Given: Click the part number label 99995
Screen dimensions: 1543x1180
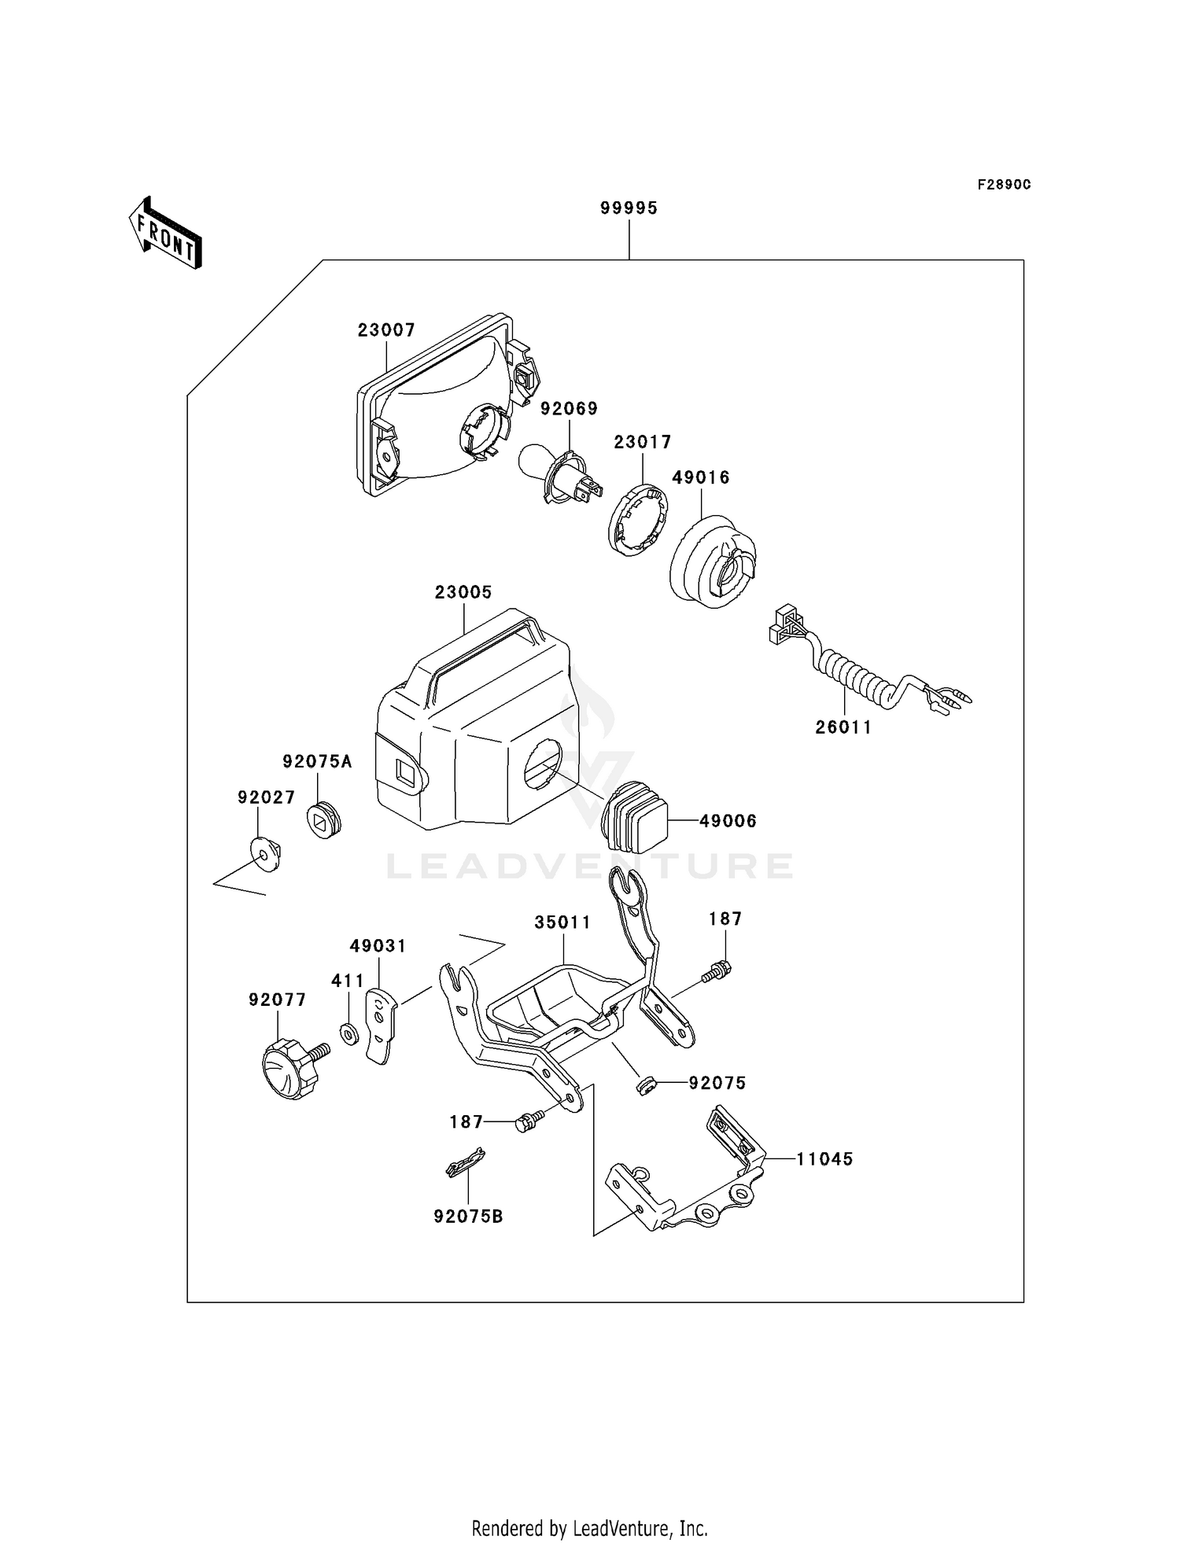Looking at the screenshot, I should (x=629, y=208).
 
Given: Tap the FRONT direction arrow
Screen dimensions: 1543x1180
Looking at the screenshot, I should (x=166, y=234).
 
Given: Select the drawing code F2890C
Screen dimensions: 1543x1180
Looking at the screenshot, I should (x=1004, y=185).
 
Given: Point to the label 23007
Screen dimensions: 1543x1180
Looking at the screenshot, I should (x=386, y=330).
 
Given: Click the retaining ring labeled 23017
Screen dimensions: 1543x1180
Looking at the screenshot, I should (x=638, y=522).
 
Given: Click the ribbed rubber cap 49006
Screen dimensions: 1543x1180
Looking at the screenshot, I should (x=636, y=818).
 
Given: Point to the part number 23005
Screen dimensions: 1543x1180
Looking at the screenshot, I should (x=463, y=592).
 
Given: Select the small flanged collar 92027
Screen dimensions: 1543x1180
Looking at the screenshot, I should (x=265, y=853).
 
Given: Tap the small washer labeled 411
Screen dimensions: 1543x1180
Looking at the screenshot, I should (x=349, y=1033).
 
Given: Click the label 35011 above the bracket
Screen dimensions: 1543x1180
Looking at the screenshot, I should (x=562, y=922).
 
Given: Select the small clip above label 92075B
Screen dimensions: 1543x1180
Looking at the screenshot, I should (x=465, y=1162).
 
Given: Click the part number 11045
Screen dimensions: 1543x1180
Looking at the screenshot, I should (x=824, y=1158).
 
